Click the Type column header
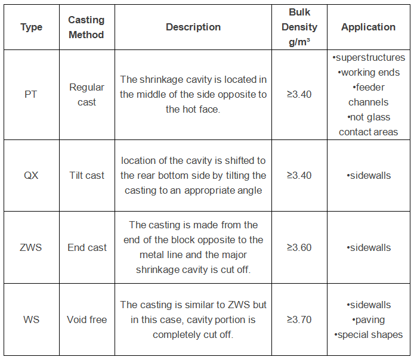tap(32, 27)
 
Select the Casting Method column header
tap(86, 27)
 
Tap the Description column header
tap(193, 27)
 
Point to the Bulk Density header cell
tap(299, 27)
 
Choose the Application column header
tap(368, 27)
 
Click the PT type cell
tap(30, 94)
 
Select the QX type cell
tap(31, 175)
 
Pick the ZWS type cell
tap(31, 247)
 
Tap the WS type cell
tap(31, 319)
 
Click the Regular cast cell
tap(86, 95)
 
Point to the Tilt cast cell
tap(86, 175)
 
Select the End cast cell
tap(87, 247)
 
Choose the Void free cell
tap(87, 319)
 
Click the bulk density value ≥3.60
tap(299, 247)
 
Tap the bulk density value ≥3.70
tap(299, 319)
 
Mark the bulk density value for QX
tap(299, 175)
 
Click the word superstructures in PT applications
tap(370, 57)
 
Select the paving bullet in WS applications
tap(368, 320)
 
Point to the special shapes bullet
tap(368, 335)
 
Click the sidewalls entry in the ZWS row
tap(369, 247)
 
